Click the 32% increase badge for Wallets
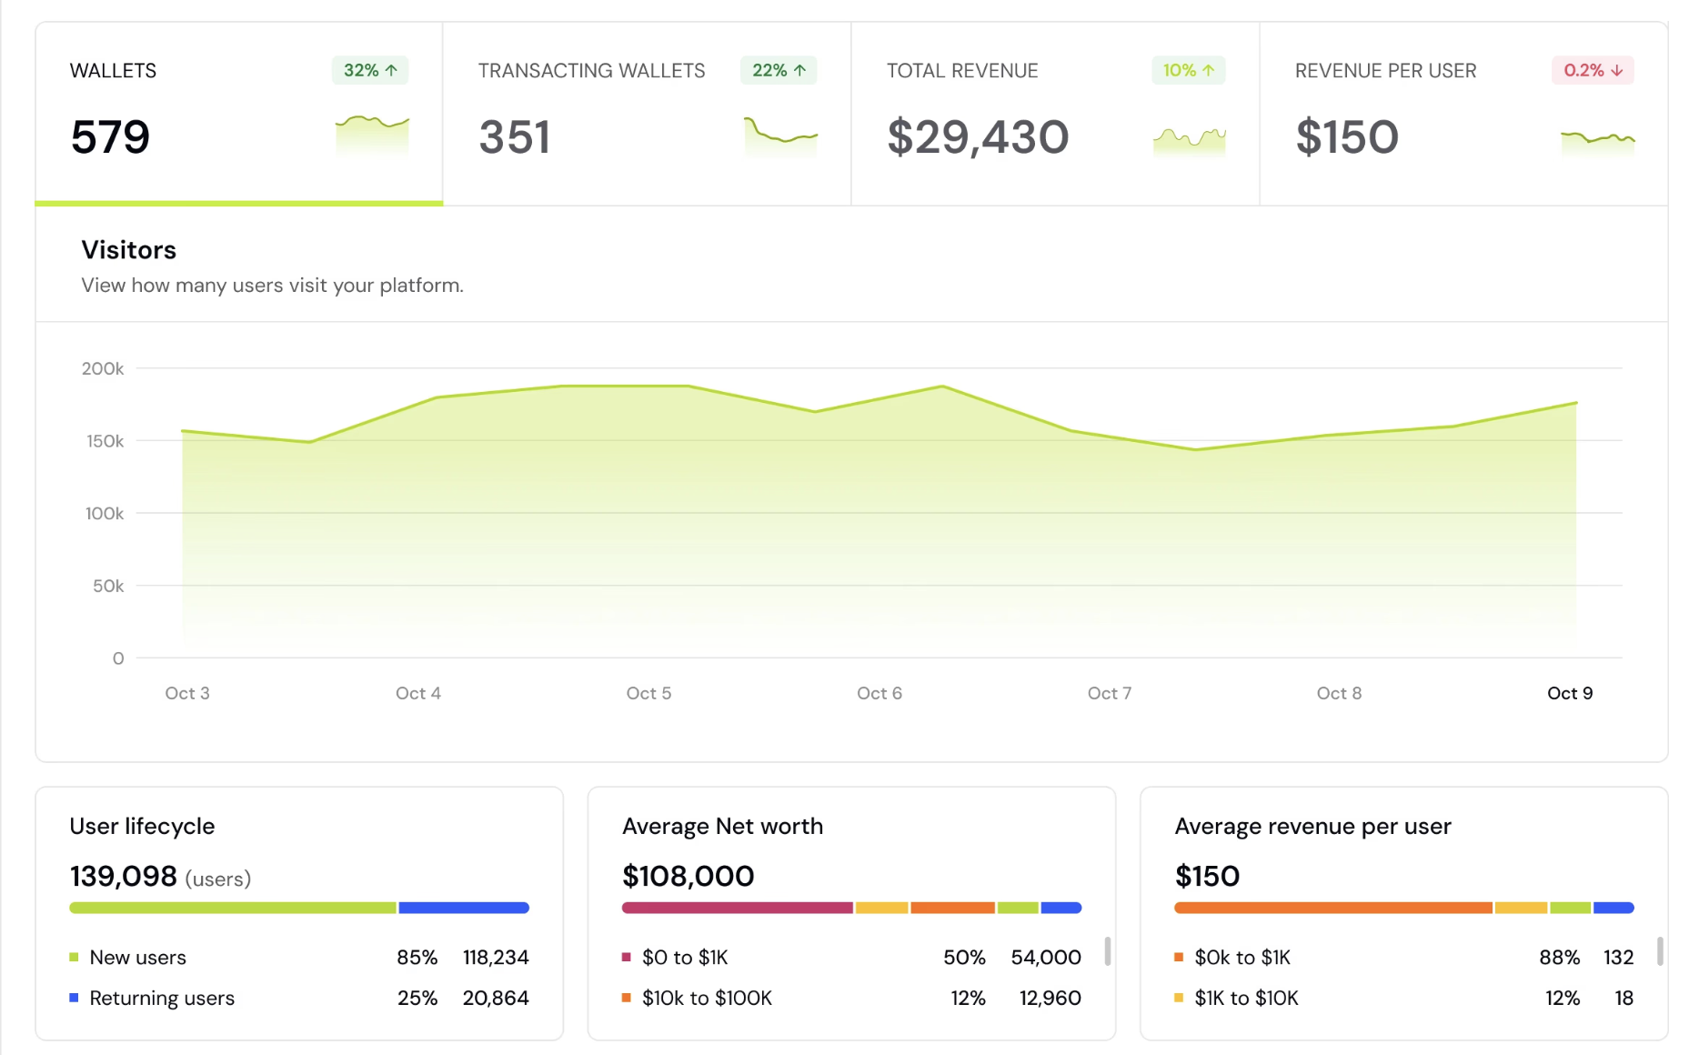click(x=370, y=70)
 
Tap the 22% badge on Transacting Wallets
click(x=779, y=70)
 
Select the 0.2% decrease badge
click(x=1593, y=70)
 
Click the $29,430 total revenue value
click(x=978, y=137)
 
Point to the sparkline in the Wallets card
click(x=372, y=133)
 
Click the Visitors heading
click(x=128, y=250)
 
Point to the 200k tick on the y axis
click(x=103, y=368)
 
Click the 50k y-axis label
click(x=108, y=586)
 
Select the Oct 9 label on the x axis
click(x=1570, y=693)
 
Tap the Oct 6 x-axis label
click(x=880, y=693)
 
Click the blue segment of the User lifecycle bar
click(x=464, y=908)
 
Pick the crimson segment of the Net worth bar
click(x=738, y=908)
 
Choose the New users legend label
click(x=137, y=958)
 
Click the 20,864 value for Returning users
click(x=496, y=998)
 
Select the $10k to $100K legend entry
click(x=707, y=998)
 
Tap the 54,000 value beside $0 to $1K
click(x=1046, y=958)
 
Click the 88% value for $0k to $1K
click(x=1559, y=958)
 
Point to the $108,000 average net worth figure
click(x=689, y=876)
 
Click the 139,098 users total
click(x=124, y=876)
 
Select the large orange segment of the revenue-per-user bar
click(x=1333, y=908)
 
